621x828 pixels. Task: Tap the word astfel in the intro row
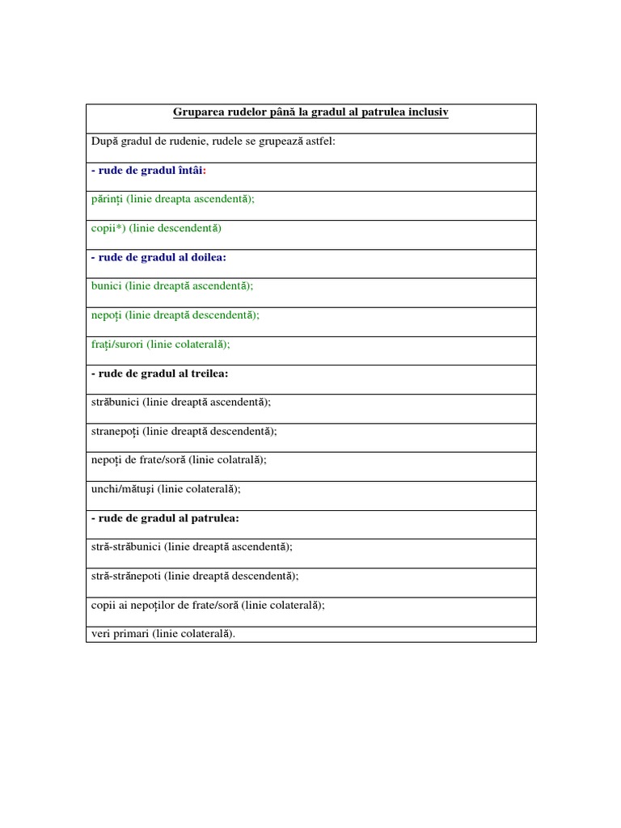pyautogui.click(x=319, y=142)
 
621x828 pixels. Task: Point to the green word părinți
pyautogui.click(x=107, y=200)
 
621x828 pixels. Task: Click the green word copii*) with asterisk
pyautogui.click(x=108, y=229)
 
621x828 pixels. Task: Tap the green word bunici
pyautogui.click(x=105, y=286)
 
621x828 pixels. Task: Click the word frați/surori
pyautogui.click(x=116, y=344)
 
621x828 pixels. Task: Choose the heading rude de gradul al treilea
pyautogui.click(x=159, y=374)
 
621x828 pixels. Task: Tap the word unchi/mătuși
pyautogui.click(x=121, y=489)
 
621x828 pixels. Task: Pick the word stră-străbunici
pyautogui.click(x=126, y=547)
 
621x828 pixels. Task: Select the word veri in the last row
pyautogui.click(x=99, y=634)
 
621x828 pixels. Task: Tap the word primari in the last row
pyautogui.click(x=130, y=634)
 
